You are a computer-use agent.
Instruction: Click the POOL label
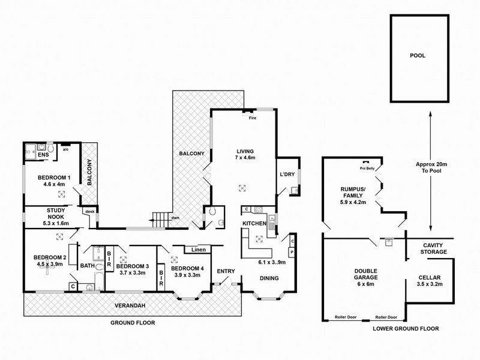pyautogui.click(x=418, y=55)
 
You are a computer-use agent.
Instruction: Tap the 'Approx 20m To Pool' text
pyautogui.click(x=431, y=168)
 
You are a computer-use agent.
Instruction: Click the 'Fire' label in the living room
pyautogui.click(x=253, y=118)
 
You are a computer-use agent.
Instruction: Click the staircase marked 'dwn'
pyautogui.click(x=159, y=219)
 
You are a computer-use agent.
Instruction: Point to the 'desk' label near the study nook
pyautogui.click(x=90, y=211)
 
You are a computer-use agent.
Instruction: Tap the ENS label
pyautogui.click(x=43, y=155)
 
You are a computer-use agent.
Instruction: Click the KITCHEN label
pyautogui.click(x=254, y=223)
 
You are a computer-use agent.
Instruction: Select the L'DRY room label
pyautogui.click(x=286, y=175)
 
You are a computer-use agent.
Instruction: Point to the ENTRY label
pyautogui.click(x=226, y=271)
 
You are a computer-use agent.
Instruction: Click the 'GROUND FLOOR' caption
pyautogui.click(x=133, y=322)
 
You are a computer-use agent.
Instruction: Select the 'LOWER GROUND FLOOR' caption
pyautogui.click(x=406, y=329)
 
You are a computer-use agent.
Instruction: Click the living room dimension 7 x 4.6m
pyautogui.click(x=245, y=158)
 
